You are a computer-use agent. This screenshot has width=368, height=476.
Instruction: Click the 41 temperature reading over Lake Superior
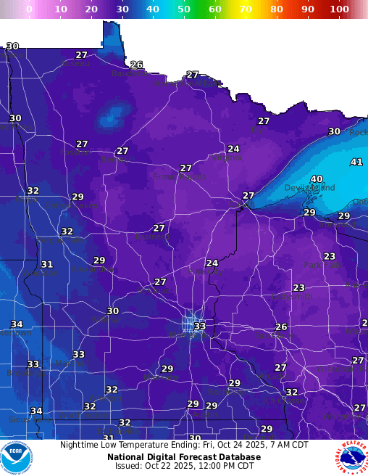coord(356,162)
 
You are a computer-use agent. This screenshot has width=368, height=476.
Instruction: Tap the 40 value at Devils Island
coord(317,179)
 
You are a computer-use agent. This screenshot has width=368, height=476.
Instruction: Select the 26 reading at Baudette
coord(136,65)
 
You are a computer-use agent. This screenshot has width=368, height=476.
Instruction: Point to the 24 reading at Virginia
coord(233,149)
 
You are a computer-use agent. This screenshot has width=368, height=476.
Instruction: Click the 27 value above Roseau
coord(82,55)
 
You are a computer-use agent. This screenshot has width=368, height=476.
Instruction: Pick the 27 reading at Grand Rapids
coord(186,168)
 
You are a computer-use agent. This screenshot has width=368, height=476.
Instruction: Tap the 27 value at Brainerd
coord(159,228)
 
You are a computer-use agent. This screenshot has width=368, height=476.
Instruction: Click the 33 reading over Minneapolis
coord(200,327)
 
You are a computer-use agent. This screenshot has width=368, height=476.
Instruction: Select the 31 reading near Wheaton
coord(47,265)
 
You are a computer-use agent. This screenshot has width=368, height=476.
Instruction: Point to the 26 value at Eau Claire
coord(281,327)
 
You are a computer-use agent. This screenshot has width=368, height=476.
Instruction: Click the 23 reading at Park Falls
coord(330,257)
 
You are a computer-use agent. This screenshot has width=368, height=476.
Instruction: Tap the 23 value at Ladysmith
coord(298,288)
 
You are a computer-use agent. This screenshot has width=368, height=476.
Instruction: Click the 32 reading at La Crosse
coord(291,392)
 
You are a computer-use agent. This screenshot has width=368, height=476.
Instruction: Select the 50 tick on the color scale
coord(184,9)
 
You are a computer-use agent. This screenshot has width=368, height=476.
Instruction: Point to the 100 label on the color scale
coord(338,9)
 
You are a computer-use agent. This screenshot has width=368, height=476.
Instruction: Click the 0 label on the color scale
coord(29,9)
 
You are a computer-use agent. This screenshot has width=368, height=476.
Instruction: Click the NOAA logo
coord(17,457)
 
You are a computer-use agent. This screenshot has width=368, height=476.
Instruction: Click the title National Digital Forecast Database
coord(184,457)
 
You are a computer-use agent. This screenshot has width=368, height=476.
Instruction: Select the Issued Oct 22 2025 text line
coord(184,467)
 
